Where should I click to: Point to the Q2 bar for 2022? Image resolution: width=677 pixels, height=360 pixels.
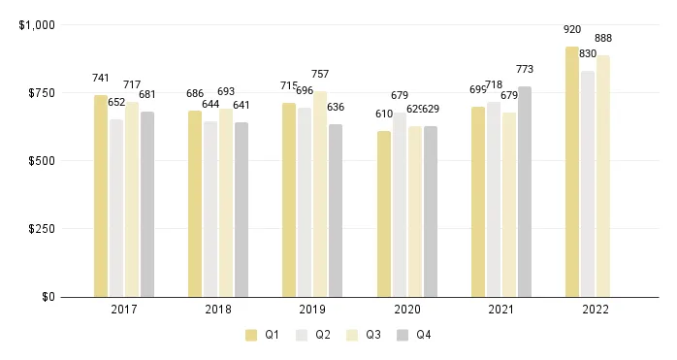[x=588, y=183]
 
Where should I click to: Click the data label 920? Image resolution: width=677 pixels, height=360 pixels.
[x=572, y=29]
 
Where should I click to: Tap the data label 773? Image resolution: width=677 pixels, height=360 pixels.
[x=525, y=69]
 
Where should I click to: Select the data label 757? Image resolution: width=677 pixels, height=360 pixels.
[x=320, y=74]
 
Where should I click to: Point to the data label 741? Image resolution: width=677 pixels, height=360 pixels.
[x=101, y=78]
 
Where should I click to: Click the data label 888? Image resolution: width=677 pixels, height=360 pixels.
[x=603, y=38]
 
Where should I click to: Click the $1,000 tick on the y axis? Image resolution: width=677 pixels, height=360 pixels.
[x=37, y=24]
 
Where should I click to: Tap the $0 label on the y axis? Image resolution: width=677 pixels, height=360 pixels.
[x=48, y=297]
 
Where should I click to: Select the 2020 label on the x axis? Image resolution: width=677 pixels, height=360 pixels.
[x=406, y=310]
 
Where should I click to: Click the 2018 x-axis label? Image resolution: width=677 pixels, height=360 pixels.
[x=218, y=310]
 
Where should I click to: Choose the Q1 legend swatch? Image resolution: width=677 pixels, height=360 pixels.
[x=251, y=335]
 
